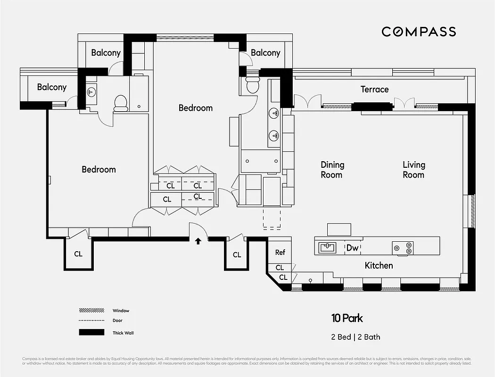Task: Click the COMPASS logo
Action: tap(419, 32)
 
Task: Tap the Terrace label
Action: tap(374, 89)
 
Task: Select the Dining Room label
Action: tap(332, 170)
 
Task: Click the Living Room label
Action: tap(413, 170)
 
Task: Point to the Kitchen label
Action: tap(379, 265)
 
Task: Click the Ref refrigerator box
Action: tap(280, 252)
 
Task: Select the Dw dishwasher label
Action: tap(352, 248)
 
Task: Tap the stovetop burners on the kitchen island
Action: tap(403, 247)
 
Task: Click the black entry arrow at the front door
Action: tap(198, 241)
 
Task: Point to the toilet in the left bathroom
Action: tap(121, 102)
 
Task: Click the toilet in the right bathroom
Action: tap(252, 85)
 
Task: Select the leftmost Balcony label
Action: tap(52, 87)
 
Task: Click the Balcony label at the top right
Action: tap(265, 53)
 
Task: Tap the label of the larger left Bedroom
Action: tap(99, 169)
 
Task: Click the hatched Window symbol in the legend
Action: tap(91, 311)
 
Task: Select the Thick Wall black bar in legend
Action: tap(91, 333)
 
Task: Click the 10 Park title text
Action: tap(346, 318)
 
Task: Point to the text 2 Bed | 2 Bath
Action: tap(355, 337)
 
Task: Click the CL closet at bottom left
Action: tap(78, 254)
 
